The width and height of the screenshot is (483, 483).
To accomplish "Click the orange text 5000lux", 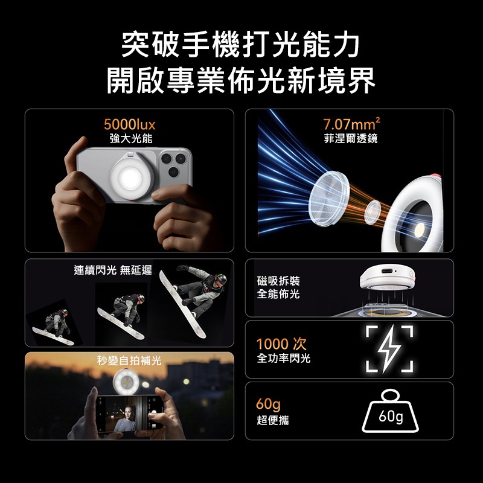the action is (x=129, y=124).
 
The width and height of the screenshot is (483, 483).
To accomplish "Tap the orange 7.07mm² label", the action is (x=351, y=124).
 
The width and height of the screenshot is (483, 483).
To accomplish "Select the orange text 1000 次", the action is (x=281, y=344).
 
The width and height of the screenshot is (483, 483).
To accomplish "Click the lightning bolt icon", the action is (x=389, y=349).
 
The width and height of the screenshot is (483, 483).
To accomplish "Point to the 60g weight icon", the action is (x=390, y=411).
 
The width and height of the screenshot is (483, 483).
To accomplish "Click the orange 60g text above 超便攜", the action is (x=268, y=404).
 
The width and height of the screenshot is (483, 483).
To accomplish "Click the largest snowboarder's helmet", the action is (x=221, y=279).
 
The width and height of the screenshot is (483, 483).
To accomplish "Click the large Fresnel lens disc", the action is (x=328, y=199).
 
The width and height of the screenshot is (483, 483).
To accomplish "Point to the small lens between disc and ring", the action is (x=373, y=212).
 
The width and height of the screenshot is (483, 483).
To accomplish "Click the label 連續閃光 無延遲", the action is (x=113, y=270).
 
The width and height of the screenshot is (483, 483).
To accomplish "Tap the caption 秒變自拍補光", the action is (x=129, y=360).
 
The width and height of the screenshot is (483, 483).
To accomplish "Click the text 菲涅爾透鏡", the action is (x=351, y=138).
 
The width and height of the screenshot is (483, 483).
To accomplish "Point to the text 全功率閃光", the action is (x=283, y=358).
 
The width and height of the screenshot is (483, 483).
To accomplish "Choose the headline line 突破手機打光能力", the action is (x=240, y=45).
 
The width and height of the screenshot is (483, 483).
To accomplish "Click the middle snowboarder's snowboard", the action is (x=121, y=324).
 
